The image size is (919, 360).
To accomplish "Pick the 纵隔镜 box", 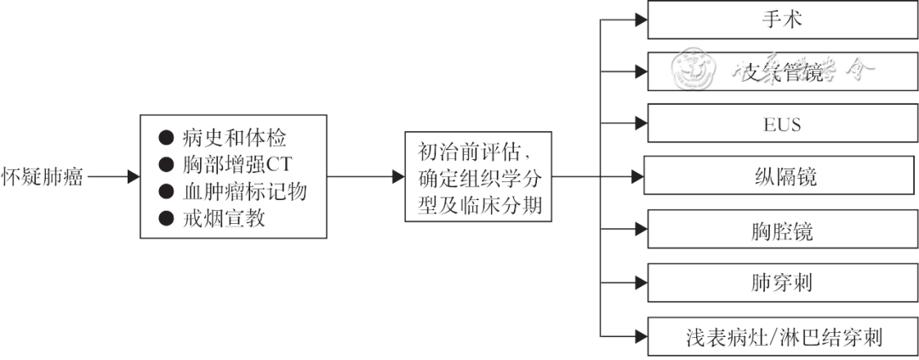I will point(779,177).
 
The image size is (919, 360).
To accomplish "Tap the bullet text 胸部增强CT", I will point(237,163).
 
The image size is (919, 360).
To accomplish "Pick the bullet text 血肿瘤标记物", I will point(244,191).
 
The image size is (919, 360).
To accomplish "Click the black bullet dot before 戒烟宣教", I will point(166,219).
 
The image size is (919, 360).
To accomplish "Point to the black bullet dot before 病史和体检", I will point(166,136).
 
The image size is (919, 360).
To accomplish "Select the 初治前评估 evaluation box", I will point(479,177).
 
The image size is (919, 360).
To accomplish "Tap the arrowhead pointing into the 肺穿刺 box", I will point(641,281).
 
